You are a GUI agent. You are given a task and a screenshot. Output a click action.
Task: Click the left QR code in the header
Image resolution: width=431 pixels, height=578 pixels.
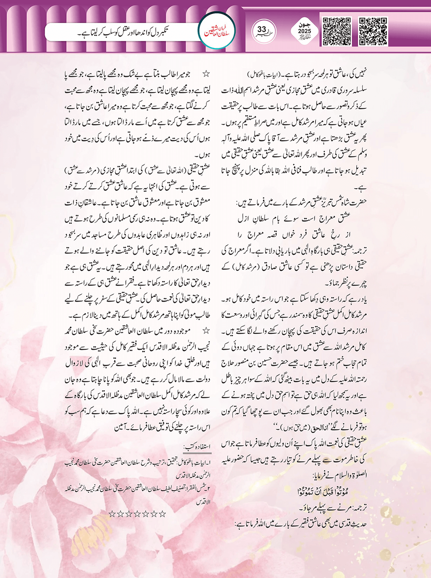pos(336,32)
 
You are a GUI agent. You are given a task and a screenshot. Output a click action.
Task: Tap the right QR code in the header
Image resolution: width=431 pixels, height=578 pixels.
pos(373,32)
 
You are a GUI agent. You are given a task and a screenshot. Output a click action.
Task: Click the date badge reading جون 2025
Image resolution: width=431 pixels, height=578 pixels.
pos(304,31)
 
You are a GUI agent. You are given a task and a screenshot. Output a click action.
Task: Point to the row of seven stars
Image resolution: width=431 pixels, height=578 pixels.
pos(137,513)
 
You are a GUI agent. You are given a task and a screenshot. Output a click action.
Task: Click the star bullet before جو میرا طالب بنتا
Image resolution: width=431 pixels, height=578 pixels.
pos(206,74)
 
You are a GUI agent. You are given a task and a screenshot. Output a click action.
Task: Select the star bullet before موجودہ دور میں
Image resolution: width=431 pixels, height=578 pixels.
pos(206,331)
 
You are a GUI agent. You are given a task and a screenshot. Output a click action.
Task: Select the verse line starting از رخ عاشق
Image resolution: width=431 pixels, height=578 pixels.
pos(294,234)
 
